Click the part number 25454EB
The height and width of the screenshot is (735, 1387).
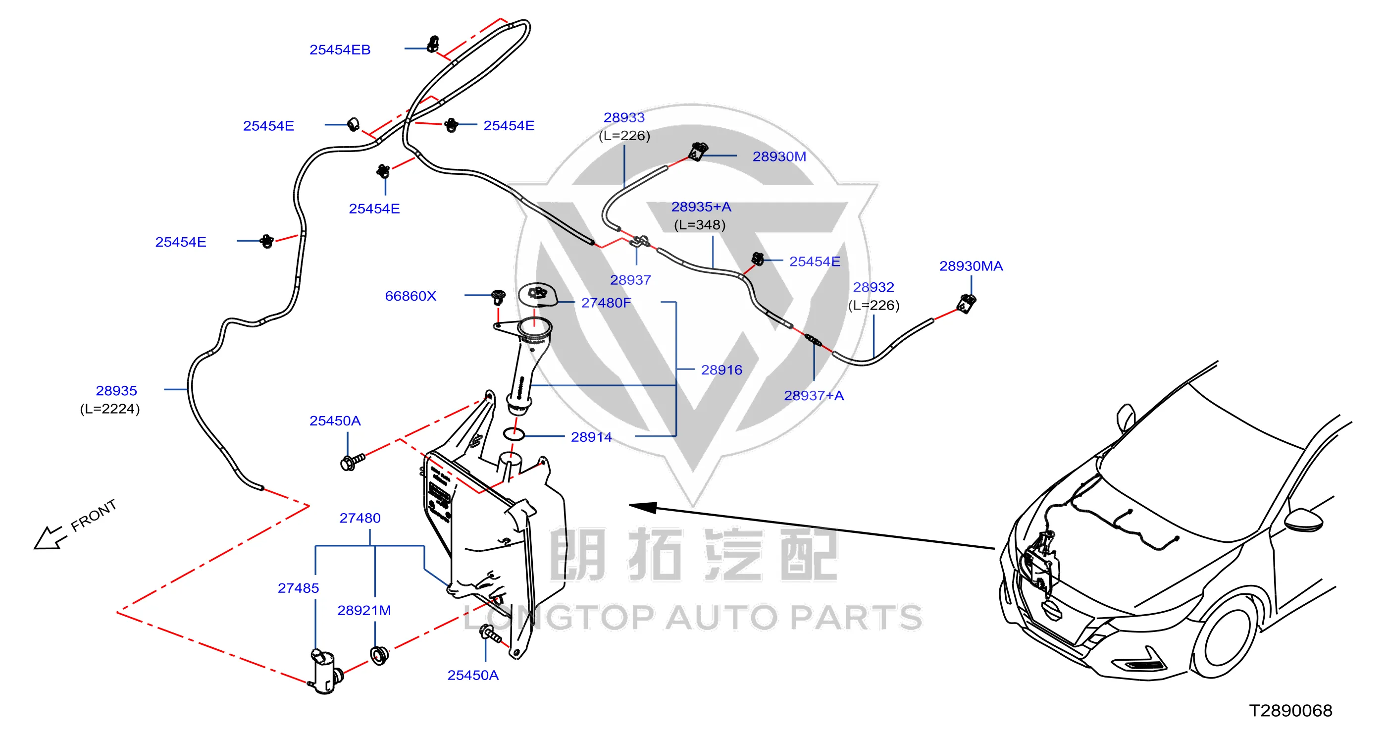pos(340,50)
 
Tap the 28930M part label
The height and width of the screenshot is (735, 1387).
pos(779,156)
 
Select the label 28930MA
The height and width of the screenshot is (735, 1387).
pos(971,266)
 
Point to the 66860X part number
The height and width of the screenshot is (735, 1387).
pos(411,296)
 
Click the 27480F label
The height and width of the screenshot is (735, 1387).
pos(606,303)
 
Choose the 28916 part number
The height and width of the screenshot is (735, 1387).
pos(721,370)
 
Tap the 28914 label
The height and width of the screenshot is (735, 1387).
pos(591,437)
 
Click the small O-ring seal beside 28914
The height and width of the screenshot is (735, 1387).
pos(514,433)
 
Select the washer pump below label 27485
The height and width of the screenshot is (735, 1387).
pos(326,671)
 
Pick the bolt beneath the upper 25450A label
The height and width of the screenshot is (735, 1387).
pos(353,462)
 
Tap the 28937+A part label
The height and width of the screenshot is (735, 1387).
pos(814,396)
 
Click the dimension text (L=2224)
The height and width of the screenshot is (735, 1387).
pos(110,409)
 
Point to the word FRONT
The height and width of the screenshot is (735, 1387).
pos(94,515)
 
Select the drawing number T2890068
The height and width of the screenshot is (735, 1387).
pos(1290,710)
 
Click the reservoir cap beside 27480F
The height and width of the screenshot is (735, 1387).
pos(537,295)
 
